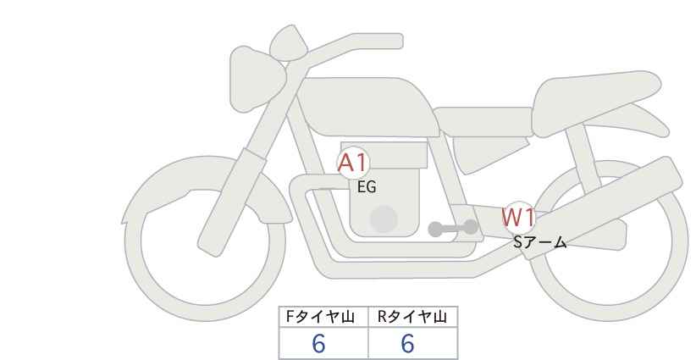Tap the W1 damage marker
[x=518, y=218]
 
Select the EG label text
[x=367, y=188]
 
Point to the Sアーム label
[x=539, y=242]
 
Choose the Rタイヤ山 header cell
[x=412, y=317]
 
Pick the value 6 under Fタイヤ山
[x=319, y=344]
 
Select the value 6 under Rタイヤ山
[x=407, y=344]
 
